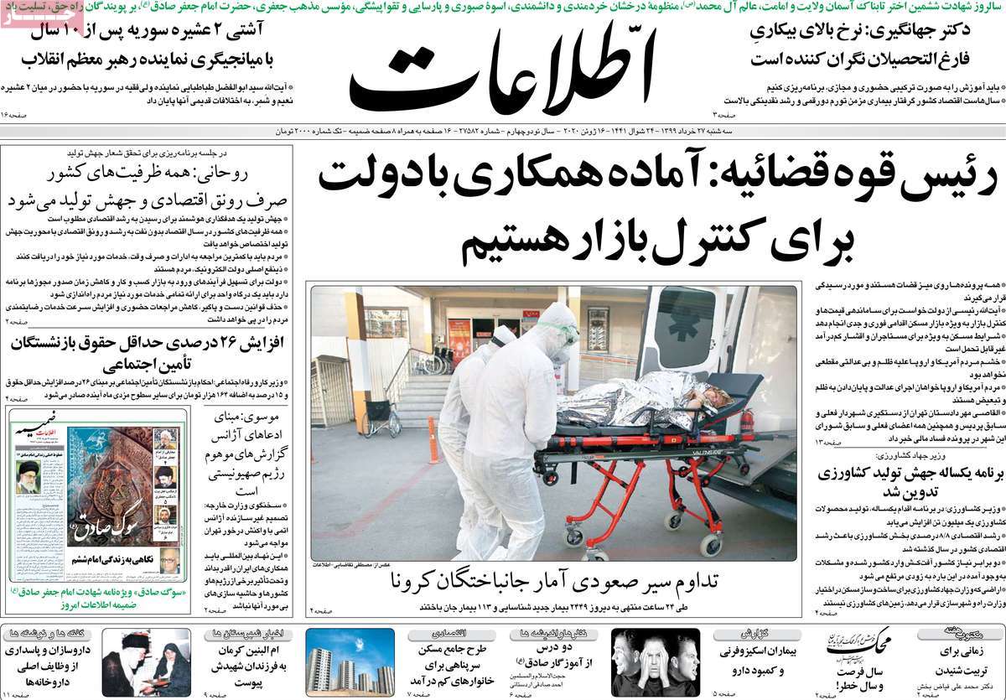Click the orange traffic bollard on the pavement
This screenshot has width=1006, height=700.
433,439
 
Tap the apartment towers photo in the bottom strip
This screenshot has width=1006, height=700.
350,661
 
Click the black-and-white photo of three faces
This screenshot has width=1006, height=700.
655,661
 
